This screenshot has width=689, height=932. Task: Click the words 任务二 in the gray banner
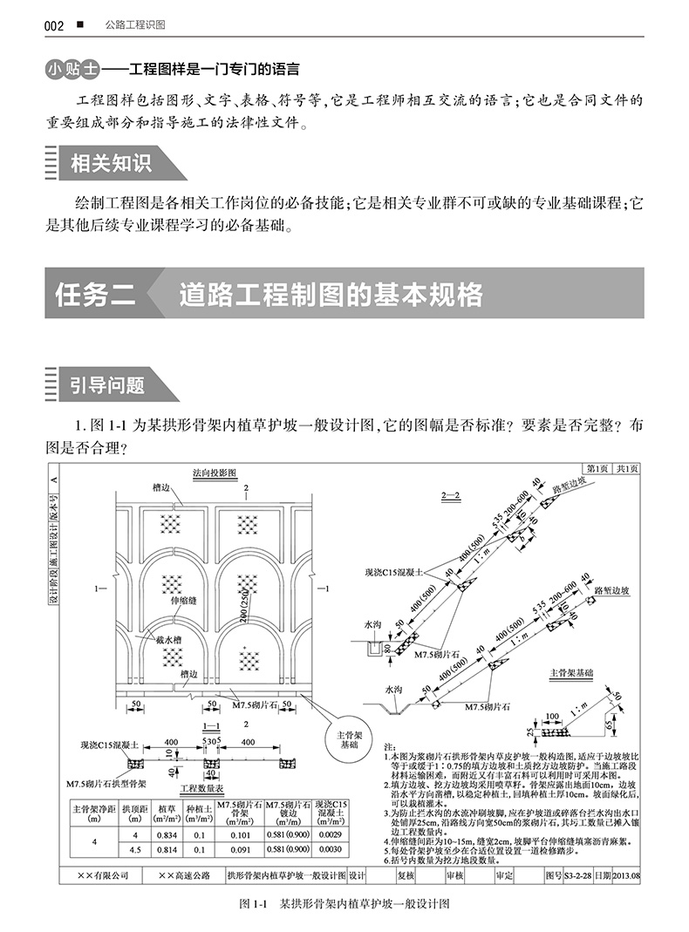click(95, 294)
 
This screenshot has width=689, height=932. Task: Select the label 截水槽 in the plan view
click(168, 639)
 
